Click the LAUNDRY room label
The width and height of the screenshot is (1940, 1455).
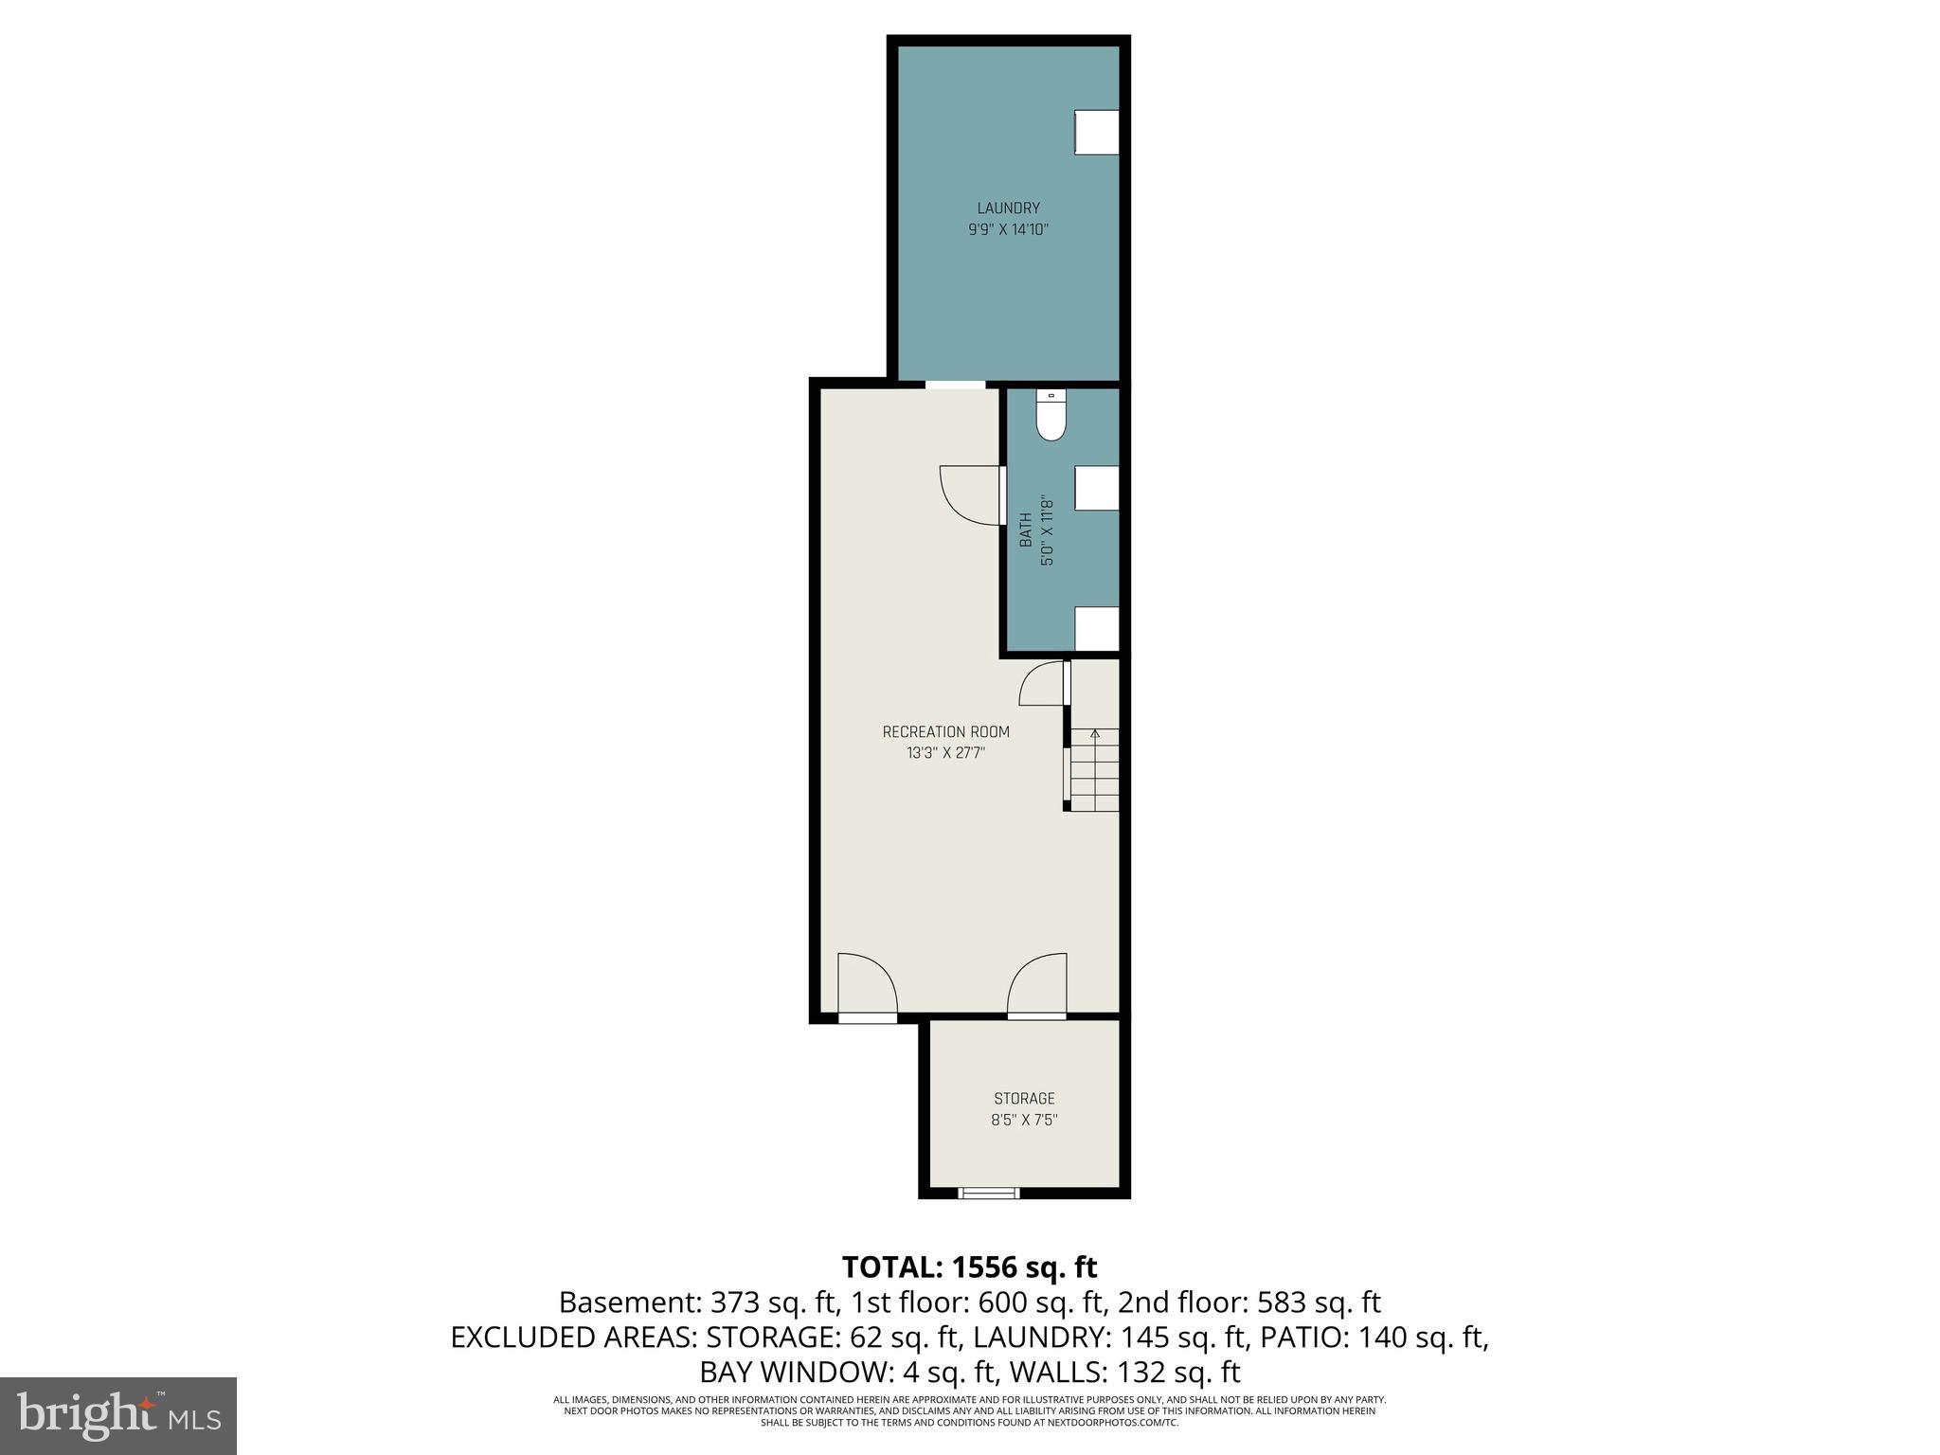[x=1008, y=208]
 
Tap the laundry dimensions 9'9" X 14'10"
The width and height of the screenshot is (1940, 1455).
[x=1008, y=229]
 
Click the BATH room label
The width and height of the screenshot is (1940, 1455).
[x=1025, y=530]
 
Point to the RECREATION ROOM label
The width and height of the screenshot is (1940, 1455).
[x=945, y=732]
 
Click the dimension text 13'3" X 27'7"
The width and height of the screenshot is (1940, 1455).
[x=945, y=754]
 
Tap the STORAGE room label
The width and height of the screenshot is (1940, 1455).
[x=1024, y=1099]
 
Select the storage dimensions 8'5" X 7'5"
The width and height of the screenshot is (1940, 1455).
[x=1024, y=1120]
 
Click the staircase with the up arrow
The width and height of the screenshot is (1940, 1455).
[x=1095, y=770]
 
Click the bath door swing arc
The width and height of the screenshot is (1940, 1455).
[x=968, y=494]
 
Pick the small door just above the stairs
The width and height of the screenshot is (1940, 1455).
[x=1042, y=684]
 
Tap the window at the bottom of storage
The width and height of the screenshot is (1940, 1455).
[x=988, y=1194]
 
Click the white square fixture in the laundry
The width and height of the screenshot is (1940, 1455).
[x=1097, y=132]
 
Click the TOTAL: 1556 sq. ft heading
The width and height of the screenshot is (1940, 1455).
[x=969, y=1266]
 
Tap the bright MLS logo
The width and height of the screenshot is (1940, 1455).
[x=118, y=1415]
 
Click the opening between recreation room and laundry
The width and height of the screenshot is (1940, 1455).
[x=955, y=384]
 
